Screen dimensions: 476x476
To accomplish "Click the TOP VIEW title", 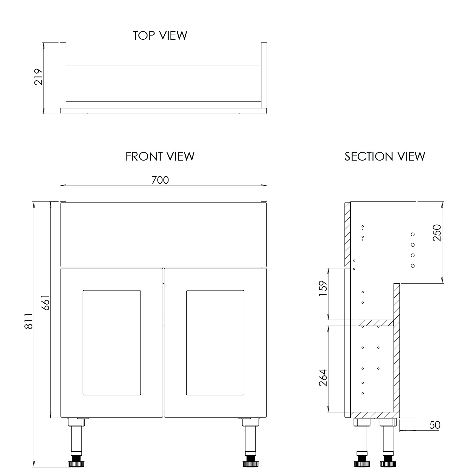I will pos(160,35).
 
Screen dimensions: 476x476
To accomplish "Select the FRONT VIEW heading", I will pos(160,156).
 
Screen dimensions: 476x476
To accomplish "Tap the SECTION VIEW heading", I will pos(385,156).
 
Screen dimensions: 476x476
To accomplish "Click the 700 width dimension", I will pos(160,180).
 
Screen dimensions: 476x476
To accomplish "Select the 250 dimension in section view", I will pos(437,233).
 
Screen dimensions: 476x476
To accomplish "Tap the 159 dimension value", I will pos(323,288).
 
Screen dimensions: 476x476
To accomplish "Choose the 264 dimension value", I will pos(323,378).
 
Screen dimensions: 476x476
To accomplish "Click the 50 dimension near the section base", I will pos(434,425).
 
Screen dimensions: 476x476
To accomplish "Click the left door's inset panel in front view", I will pos(112,342).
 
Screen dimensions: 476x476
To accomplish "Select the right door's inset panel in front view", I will pos(215,342).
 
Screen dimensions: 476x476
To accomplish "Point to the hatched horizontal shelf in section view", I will pos(375,323).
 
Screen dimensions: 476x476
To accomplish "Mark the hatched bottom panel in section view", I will pos(374,415).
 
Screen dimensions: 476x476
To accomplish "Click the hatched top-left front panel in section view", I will pos(347,234).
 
